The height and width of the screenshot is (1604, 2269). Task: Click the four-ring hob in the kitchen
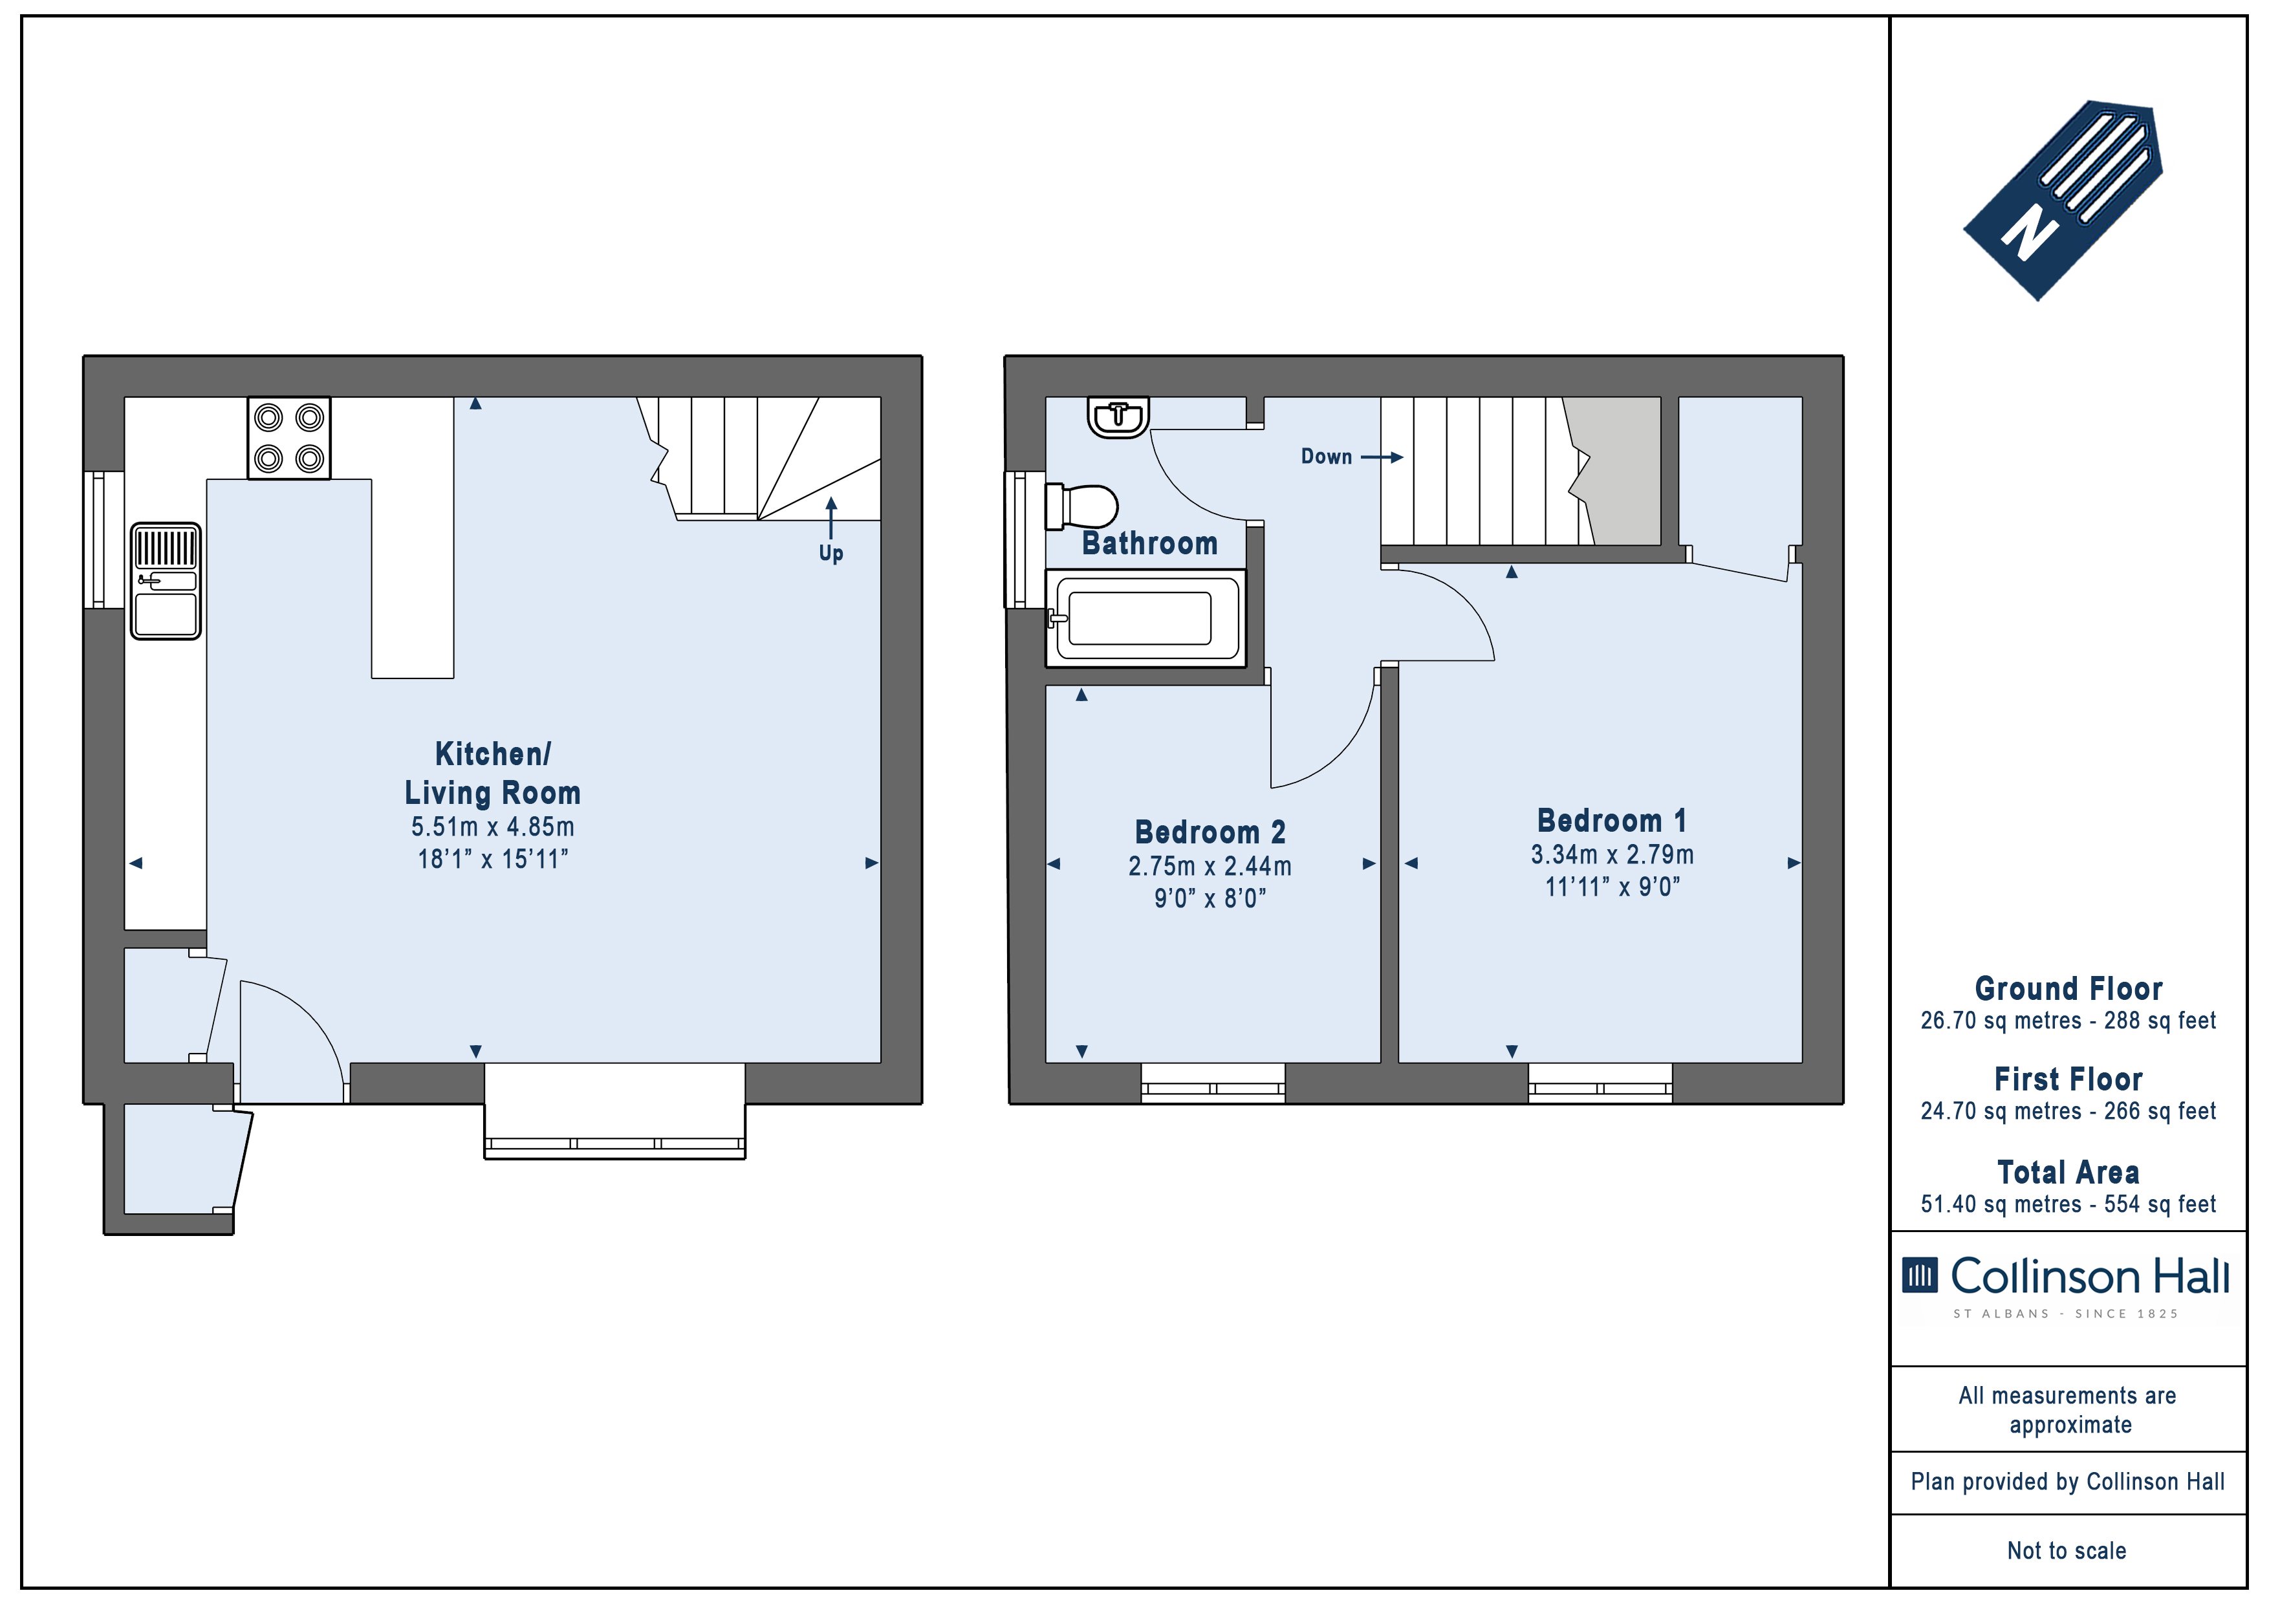pos(288,438)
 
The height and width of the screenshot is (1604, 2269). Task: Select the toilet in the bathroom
pos(1081,506)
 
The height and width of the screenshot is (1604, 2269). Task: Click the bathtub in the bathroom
pos(1145,618)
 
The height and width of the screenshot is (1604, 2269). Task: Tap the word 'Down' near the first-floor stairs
pos(1326,457)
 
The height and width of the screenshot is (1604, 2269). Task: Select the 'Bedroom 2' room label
pos(1211,832)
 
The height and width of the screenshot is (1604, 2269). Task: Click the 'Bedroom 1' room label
pos(1612,820)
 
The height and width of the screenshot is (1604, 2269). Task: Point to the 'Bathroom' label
pos(1149,543)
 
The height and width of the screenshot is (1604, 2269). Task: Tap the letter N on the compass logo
pos(2030,234)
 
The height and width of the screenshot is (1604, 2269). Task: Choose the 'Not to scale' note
pos(2067,1550)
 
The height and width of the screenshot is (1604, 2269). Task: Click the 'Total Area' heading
pos(2068,1172)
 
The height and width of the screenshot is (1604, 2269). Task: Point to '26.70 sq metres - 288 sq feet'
pos(2068,1020)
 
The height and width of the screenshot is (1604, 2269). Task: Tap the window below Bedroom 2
pos(1213,1083)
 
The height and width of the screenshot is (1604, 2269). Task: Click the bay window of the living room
pos(614,1111)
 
